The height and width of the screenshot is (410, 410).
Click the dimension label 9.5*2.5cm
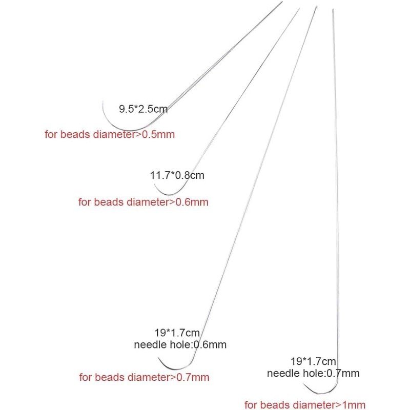[143, 109]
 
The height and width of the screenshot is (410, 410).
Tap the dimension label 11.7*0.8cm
[177, 175]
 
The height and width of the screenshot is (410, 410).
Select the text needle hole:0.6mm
[180, 344]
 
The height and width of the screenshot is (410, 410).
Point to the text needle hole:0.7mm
[313, 373]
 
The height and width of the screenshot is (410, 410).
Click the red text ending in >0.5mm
[110, 134]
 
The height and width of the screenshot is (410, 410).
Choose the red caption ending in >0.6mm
[143, 202]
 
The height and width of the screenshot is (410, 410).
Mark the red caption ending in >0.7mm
[145, 377]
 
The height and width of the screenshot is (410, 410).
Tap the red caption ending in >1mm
[305, 405]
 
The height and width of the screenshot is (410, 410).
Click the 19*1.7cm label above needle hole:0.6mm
[177, 333]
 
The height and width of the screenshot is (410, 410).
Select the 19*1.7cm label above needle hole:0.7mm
[313, 361]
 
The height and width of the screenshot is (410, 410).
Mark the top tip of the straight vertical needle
[333, 9]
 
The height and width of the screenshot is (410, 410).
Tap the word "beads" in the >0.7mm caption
[109, 377]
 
